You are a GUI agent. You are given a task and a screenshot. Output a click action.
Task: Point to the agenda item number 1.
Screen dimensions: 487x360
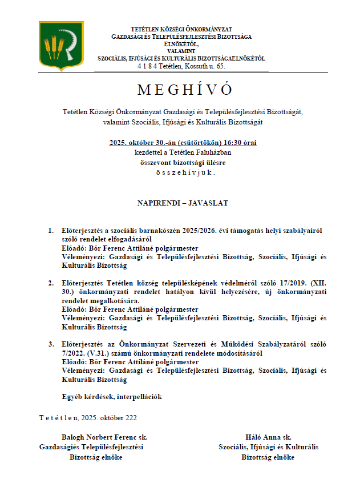[x=50, y=231]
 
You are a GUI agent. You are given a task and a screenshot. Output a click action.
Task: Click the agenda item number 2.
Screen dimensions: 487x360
[x=50, y=283]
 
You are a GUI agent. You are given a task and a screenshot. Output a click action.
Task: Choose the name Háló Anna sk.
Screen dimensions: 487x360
[x=268, y=437]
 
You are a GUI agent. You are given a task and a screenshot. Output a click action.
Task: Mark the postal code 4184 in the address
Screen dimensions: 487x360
[x=146, y=66]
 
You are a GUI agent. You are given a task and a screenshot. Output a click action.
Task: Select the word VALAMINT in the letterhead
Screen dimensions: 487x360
[x=181, y=51]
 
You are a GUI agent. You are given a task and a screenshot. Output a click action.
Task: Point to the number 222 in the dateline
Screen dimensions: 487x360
[x=131, y=417]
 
